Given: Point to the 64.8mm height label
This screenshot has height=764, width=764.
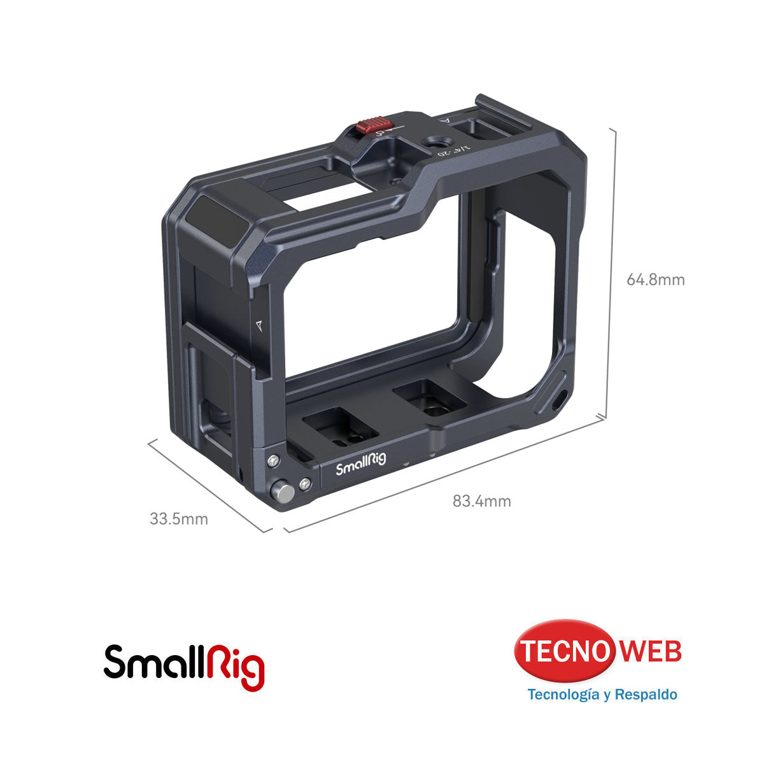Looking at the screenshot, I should click(x=655, y=279).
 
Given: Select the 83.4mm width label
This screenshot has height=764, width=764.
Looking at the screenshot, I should click(x=481, y=501).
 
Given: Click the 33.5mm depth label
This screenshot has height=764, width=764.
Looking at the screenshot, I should click(x=179, y=519).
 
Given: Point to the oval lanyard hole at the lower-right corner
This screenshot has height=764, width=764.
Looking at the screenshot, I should click(x=560, y=400).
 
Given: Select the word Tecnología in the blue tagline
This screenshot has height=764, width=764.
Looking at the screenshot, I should click(x=563, y=694).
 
